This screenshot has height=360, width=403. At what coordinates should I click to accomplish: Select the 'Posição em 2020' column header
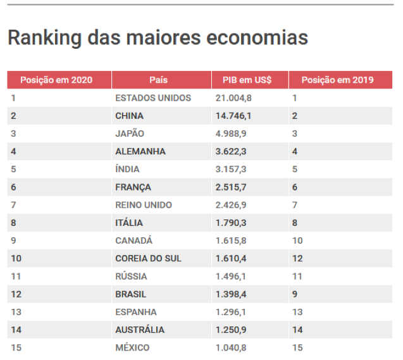(56, 80)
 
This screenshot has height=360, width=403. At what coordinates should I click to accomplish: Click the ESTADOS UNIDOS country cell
(153, 98)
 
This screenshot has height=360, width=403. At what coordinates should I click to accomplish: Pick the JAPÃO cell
(130, 133)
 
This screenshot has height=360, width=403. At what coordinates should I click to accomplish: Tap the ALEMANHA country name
(140, 151)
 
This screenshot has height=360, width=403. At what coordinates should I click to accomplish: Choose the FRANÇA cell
(133, 187)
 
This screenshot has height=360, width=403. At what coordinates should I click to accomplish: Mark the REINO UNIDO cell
(144, 205)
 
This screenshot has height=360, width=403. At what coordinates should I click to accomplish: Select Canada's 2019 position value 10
(297, 240)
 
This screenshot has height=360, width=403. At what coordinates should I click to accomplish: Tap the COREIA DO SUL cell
(148, 258)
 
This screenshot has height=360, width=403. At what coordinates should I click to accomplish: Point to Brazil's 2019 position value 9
(295, 294)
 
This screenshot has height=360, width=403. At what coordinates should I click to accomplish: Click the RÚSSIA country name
(131, 276)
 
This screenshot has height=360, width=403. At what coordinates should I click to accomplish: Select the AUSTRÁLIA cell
(140, 330)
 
